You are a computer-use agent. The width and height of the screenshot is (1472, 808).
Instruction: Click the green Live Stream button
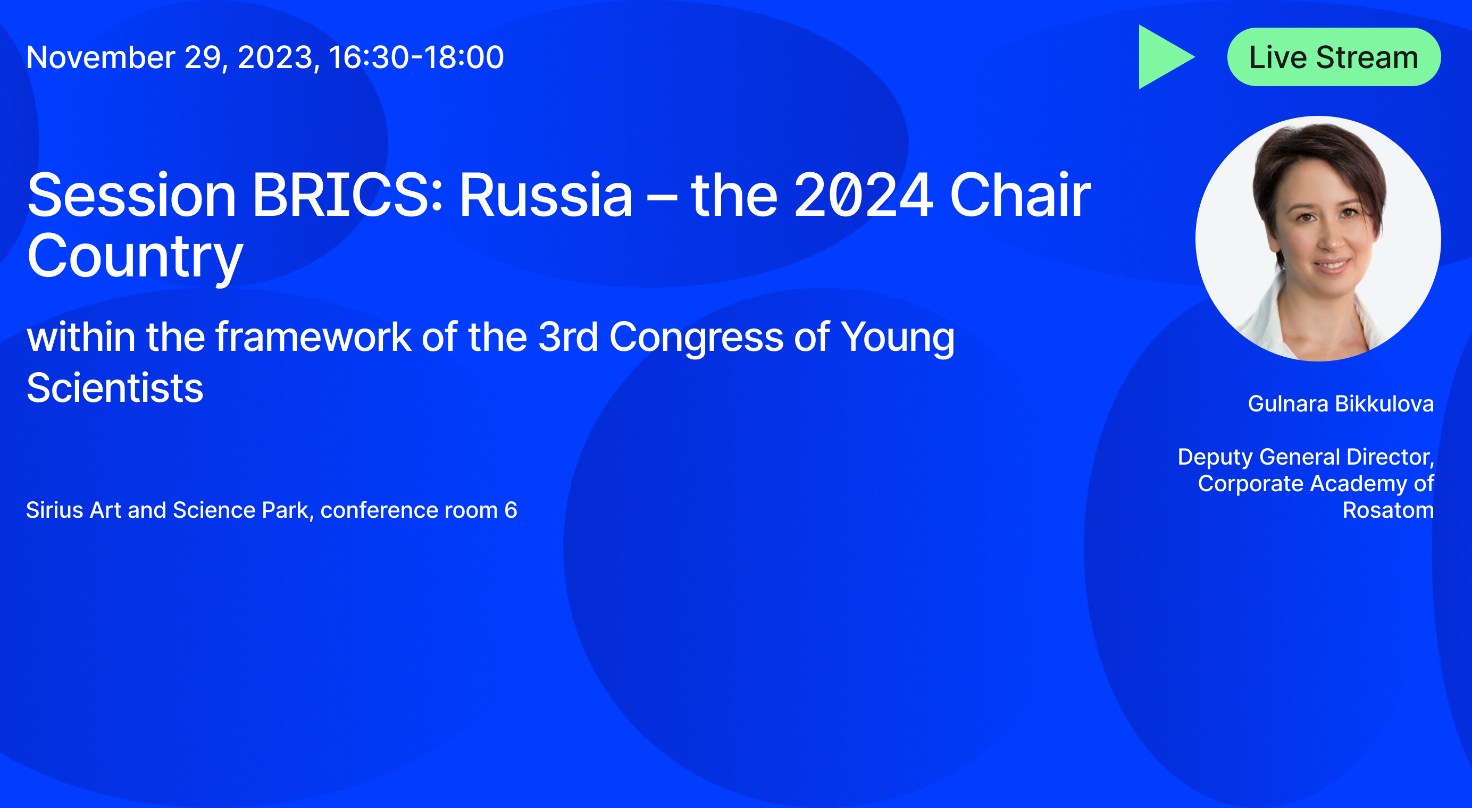[x=1334, y=57]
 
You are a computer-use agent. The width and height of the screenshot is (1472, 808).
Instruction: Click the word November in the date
[x=101, y=57]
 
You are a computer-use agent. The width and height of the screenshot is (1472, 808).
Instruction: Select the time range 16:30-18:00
[x=416, y=57]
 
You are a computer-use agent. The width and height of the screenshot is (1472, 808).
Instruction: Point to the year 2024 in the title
[x=864, y=195]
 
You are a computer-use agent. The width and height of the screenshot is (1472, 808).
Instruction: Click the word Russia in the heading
[x=546, y=195]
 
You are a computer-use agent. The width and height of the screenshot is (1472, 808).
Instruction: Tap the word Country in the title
[x=135, y=257]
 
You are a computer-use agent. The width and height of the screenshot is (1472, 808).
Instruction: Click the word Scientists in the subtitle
[x=115, y=388]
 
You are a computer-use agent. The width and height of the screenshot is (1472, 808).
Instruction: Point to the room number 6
[x=511, y=510]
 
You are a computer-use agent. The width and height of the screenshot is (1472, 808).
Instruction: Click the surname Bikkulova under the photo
[x=1385, y=403]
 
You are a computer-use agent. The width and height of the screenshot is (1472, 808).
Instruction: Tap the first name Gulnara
[x=1288, y=403]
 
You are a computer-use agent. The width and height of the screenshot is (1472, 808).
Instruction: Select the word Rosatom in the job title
[x=1388, y=510]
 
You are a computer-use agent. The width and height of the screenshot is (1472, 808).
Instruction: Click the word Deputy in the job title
[x=1216, y=457]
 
